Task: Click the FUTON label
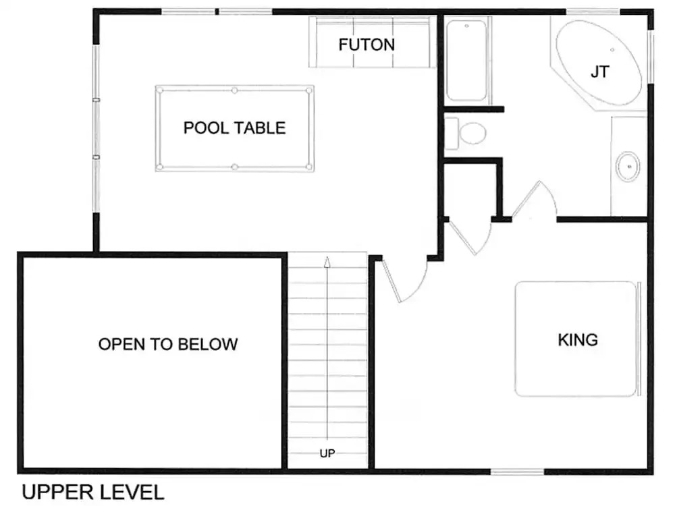[367, 45]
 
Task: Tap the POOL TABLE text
[235, 128]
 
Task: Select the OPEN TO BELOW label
[168, 344]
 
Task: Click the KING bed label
[578, 340]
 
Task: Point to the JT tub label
[600, 72]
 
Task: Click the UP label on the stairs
[327, 453]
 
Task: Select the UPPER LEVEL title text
[93, 493]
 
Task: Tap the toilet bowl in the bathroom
[473, 133]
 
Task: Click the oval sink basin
[628, 167]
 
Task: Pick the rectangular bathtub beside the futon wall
[466, 60]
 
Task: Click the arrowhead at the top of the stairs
[327, 262]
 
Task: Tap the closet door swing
[469, 237]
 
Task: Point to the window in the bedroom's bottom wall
[518, 472]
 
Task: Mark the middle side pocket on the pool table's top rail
[235, 90]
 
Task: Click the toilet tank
[451, 134]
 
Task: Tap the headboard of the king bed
[639, 339]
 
